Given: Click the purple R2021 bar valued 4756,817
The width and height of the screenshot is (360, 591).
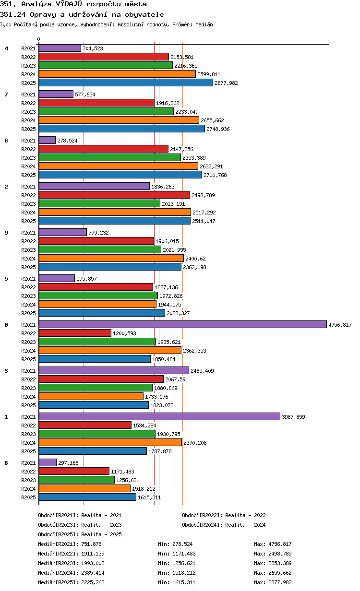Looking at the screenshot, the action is point(182,324).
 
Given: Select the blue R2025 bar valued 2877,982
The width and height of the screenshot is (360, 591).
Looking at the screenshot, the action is point(126,83).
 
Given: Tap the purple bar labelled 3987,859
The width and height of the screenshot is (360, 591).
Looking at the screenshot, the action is point(159,416).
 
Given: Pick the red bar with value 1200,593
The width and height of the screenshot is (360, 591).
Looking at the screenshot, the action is point(75,333).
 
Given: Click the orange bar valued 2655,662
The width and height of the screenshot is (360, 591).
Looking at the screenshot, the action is point(119,120).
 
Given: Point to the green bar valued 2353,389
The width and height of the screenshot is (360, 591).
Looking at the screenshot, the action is point(110,157).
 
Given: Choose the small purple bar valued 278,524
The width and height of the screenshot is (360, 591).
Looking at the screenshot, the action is point(47,140).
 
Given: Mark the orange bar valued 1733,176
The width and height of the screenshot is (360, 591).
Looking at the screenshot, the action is point(91,396).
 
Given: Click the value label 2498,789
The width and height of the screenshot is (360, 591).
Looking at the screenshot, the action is point(203,195).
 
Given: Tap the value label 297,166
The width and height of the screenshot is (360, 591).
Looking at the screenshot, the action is point(68,463).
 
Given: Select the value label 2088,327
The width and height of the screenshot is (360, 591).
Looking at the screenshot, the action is point(178,313).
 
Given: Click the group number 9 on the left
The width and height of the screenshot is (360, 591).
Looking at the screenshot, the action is point(6,233).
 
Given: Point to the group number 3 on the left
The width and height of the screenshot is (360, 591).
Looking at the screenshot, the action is point(6,371).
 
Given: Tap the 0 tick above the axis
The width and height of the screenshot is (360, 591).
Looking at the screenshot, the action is point(39,39).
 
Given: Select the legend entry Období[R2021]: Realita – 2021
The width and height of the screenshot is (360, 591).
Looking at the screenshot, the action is point(80,515).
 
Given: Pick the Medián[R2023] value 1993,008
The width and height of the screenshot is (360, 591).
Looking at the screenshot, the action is point(93,563).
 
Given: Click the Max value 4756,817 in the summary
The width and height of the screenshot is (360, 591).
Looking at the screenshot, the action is point(280,544).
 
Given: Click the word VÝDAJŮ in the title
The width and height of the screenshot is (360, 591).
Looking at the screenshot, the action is point(69,4).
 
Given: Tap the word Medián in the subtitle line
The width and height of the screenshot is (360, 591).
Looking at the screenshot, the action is point(204,24).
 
